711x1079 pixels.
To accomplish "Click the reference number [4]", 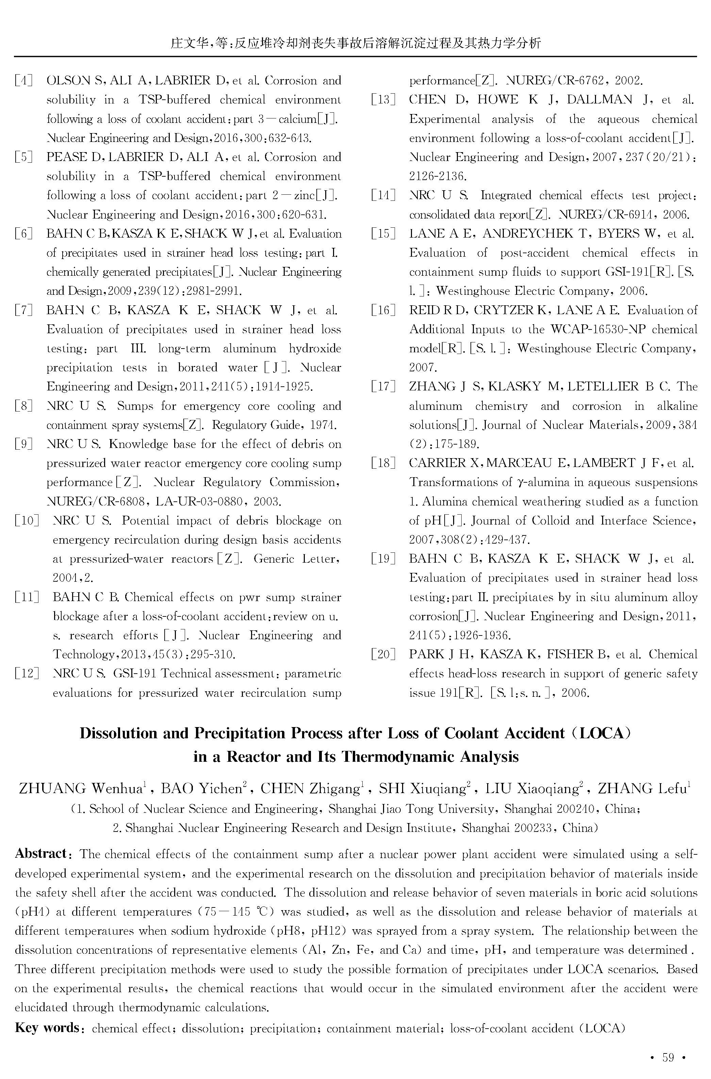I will pos(23,81).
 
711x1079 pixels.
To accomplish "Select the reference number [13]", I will pos(383,100).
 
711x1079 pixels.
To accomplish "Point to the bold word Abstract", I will pos(41,854).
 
